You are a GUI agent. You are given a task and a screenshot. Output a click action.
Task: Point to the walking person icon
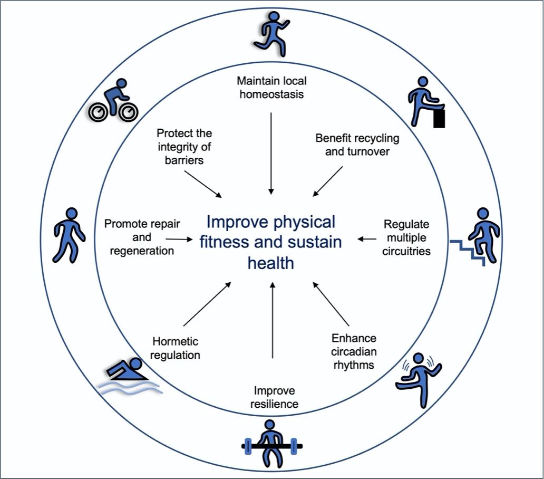[x=69, y=235]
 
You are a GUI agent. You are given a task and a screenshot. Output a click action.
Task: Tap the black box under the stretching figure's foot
[x=439, y=118]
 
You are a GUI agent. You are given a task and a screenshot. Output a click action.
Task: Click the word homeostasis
[x=271, y=95]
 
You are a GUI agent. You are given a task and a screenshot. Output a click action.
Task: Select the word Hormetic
[x=176, y=341]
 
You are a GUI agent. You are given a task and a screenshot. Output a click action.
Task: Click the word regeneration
[x=142, y=251]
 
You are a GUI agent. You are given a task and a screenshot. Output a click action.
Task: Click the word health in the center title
[x=271, y=262]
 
